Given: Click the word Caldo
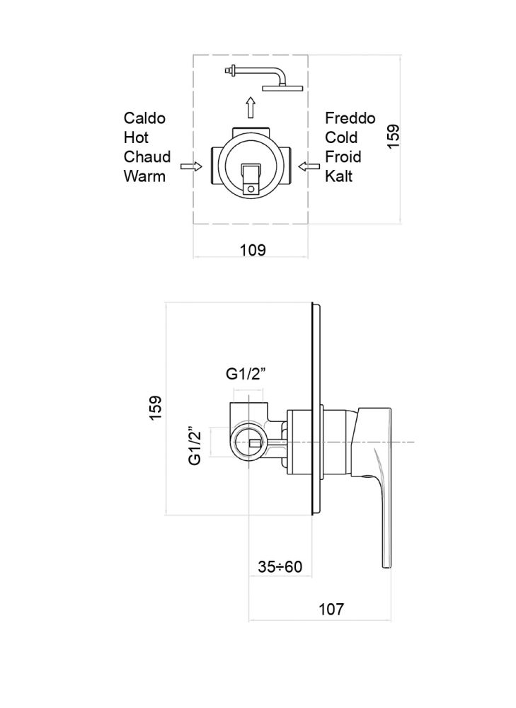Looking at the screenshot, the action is coord(144,118).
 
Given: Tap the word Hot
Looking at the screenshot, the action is coord(136,138).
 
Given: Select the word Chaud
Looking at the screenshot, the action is coord(147,157).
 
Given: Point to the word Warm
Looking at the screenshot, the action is coord(144,176).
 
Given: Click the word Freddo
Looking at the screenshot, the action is coord(350,118).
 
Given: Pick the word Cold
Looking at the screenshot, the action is coord(341,138).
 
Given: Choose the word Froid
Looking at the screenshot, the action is coord(343,157).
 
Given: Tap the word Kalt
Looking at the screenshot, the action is coord(338,176).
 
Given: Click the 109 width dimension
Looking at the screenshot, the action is coord(253,250).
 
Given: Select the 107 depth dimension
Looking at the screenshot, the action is coord(331,609).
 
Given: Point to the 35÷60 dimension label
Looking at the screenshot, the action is coord(280,566).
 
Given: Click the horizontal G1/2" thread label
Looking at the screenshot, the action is coord(246,374).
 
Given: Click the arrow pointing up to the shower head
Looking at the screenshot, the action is coord(251,108).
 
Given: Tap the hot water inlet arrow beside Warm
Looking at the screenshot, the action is coord(191,166).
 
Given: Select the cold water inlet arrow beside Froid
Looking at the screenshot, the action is coord(309,166).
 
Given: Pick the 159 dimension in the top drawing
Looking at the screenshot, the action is coord(394,137).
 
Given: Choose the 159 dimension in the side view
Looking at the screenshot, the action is coord(155,409).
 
